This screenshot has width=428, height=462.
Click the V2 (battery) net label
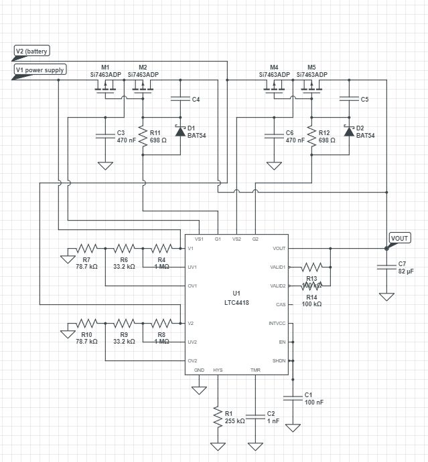[31, 51]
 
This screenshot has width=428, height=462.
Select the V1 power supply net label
[40, 69]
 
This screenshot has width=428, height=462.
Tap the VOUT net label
[400, 238]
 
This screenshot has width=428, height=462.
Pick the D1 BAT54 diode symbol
[180, 131]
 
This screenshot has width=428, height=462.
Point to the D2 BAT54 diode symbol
[348, 131]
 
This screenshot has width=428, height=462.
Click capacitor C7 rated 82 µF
[386, 267]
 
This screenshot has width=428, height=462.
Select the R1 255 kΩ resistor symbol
[217, 417]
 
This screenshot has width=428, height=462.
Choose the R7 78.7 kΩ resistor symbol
[87, 248]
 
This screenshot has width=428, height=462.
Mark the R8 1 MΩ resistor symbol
[161, 323]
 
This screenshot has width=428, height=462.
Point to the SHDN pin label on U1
[279, 361]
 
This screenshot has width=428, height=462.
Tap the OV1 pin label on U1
[193, 286]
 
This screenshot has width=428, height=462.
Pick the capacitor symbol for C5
[348, 99]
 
